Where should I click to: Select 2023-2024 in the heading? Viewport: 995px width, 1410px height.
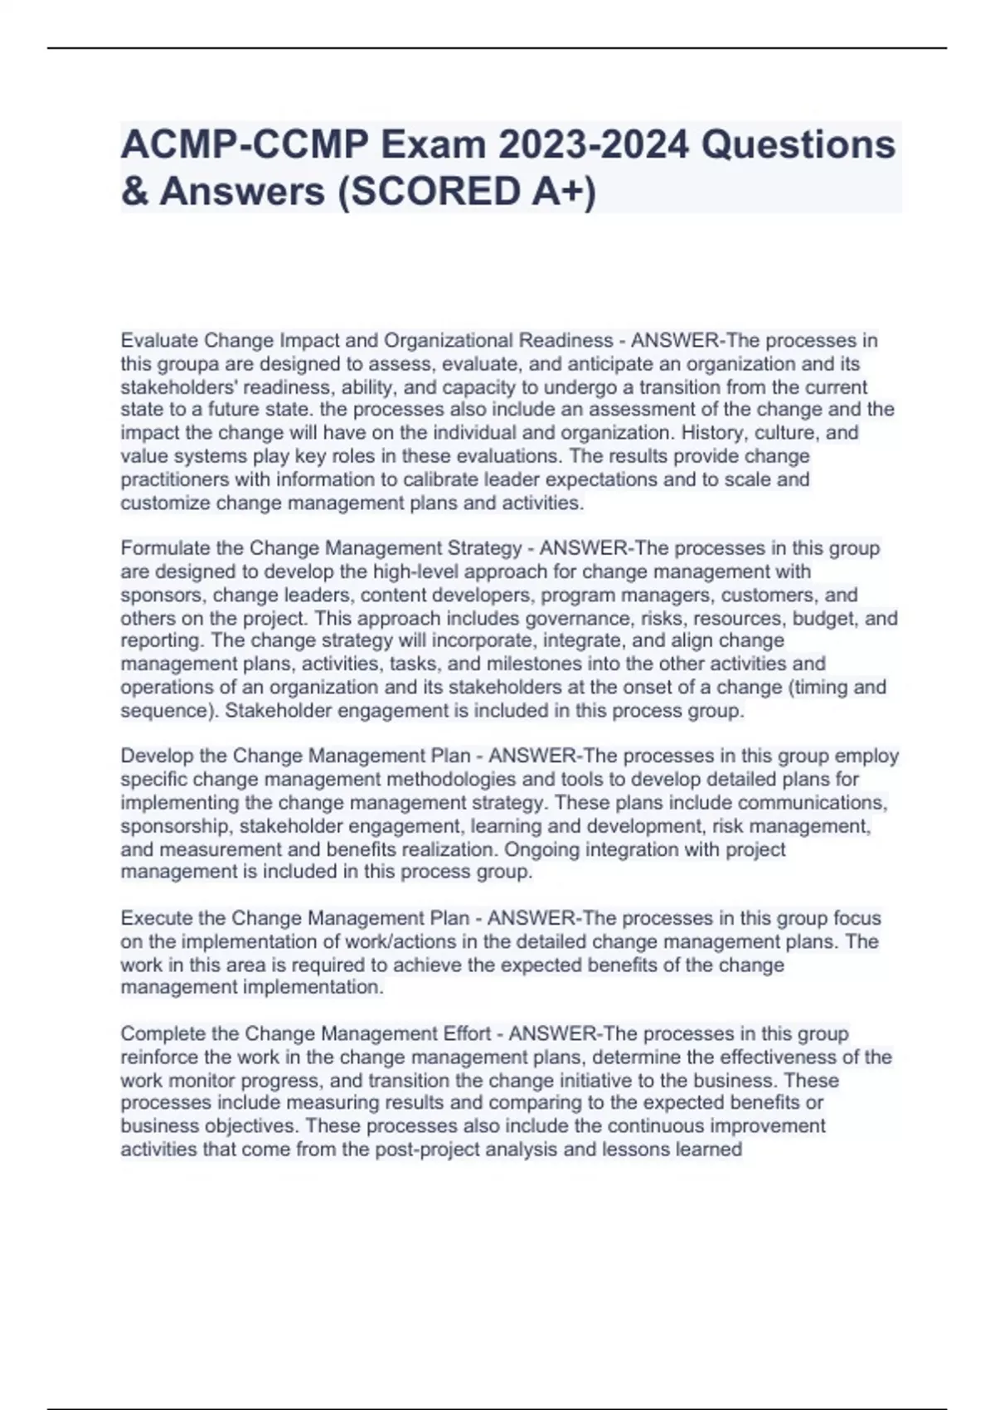pyautogui.click(x=594, y=145)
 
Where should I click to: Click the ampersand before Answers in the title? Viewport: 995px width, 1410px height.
pyautogui.click(x=133, y=192)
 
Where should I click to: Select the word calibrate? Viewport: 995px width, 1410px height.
pyautogui.click(x=461, y=479)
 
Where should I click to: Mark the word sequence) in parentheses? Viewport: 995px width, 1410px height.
pyautogui.click(x=169, y=711)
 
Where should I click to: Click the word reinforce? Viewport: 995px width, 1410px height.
pyautogui.click(x=159, y=1057)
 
